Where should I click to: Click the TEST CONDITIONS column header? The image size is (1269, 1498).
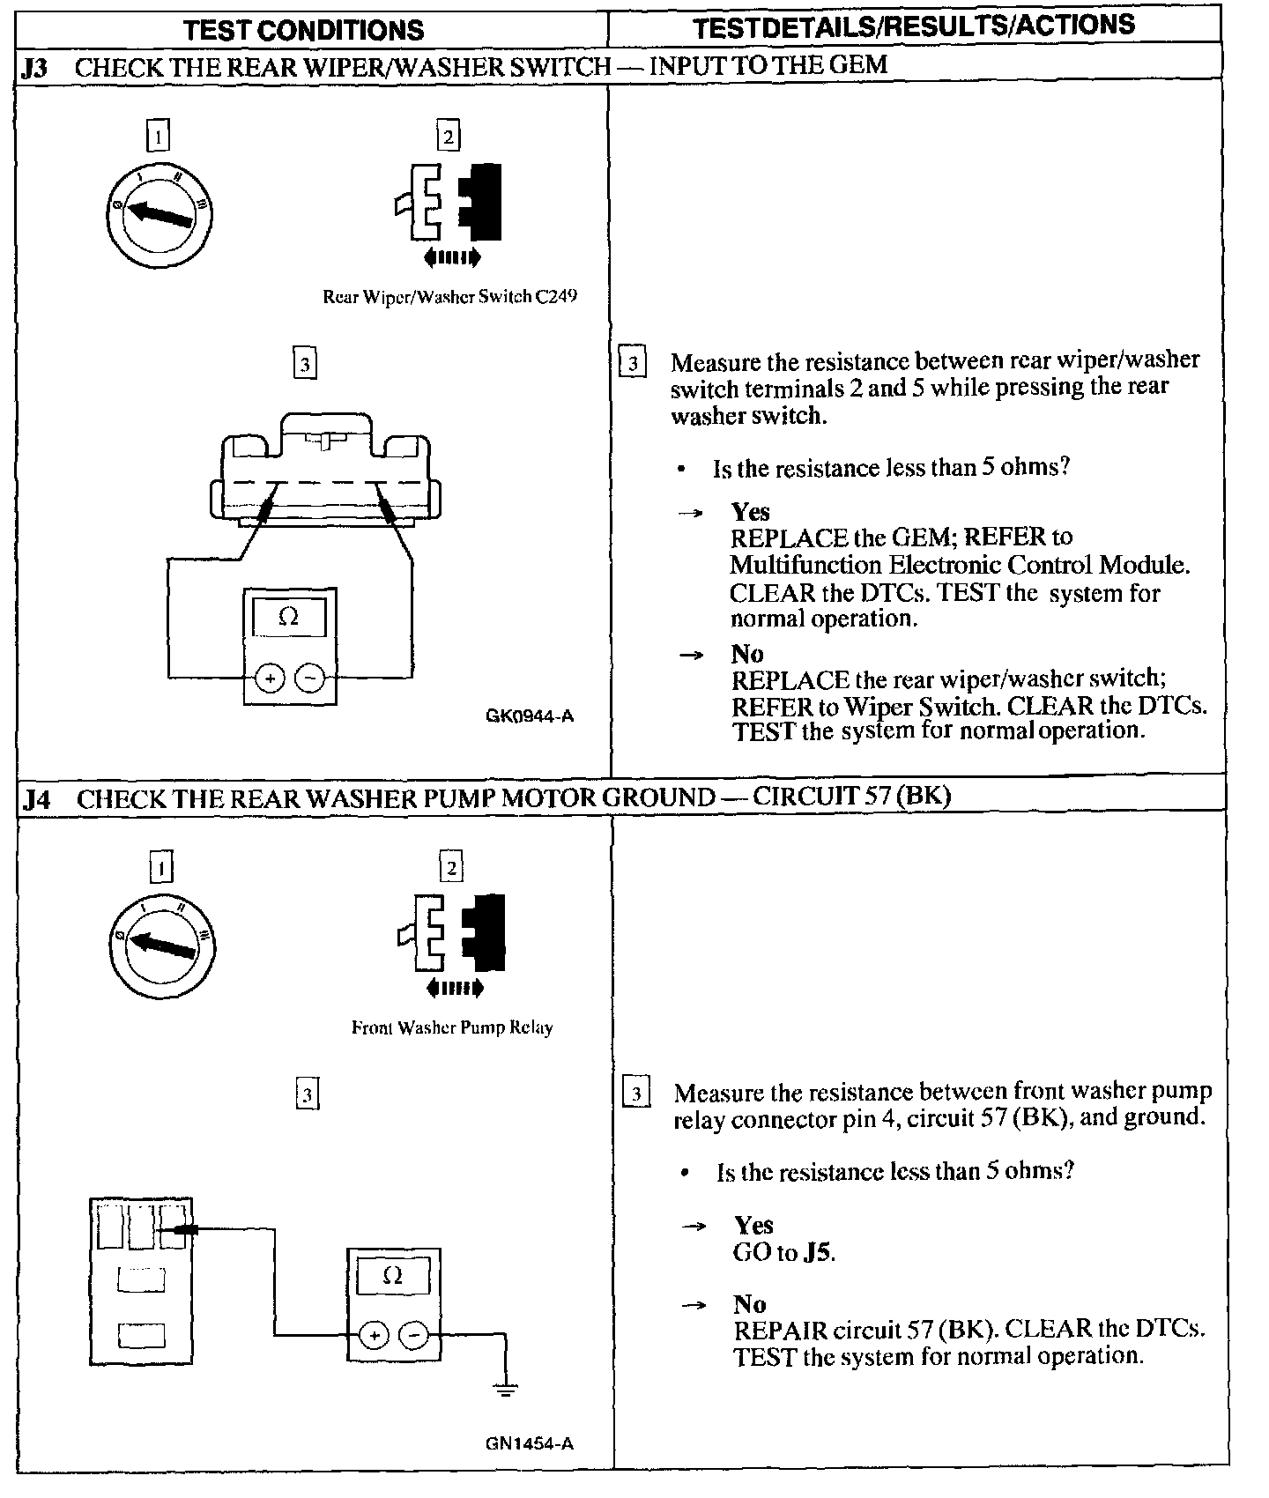coord(304,30)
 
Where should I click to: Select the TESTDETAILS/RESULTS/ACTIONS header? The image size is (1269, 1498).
coord(914,26)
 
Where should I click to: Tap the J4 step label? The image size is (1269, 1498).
coord(36,799)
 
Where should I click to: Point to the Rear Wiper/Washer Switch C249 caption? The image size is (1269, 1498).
coord(449,297)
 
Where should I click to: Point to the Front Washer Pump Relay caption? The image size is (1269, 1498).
coord(452,1027)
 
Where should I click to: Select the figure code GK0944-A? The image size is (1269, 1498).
coord(529,716)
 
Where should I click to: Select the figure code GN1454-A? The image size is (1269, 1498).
coord(529,1443)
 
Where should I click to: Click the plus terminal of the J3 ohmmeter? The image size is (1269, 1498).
coord(270,678)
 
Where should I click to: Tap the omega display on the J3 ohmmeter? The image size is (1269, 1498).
coord(288,618)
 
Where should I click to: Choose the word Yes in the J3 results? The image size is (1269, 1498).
coord(750,512)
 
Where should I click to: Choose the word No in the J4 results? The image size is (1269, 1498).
coord(749,1303)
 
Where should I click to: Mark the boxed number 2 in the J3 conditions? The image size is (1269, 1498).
coord(449,137)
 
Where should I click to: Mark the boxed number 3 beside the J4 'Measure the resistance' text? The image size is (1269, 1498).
coord(636,1094)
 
